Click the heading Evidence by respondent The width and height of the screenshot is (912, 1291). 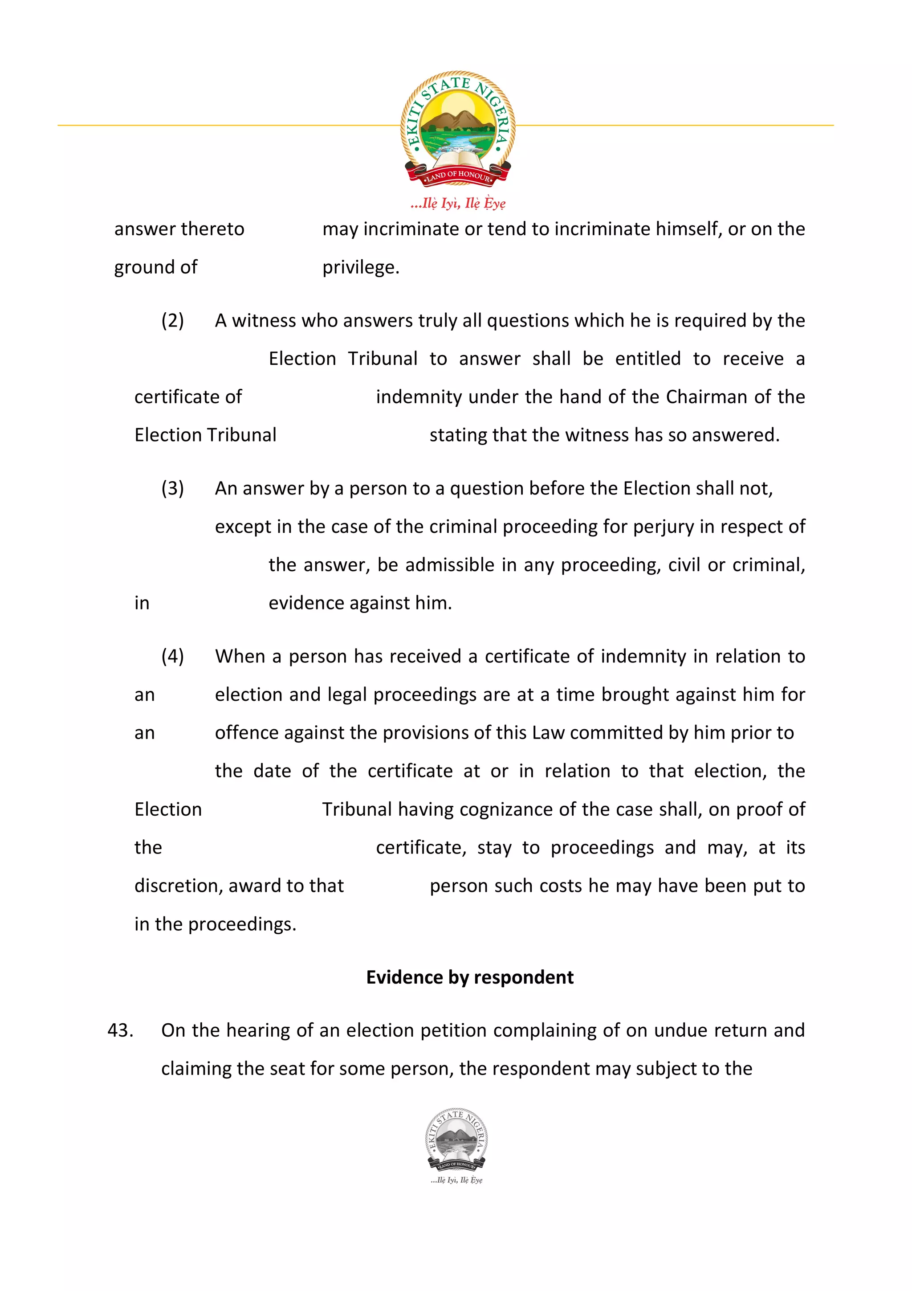coord(470,977)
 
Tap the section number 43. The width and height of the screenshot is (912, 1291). coord(120,1030)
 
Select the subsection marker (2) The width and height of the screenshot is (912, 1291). coord(172,320)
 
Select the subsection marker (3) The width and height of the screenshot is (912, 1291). coord(172,488)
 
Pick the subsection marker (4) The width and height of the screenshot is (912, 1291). coord(172,656)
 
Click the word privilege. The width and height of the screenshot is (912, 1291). coord(360,267)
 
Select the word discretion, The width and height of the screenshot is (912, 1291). coord(178,886)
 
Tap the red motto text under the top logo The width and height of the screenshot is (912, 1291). coord(457,204)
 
